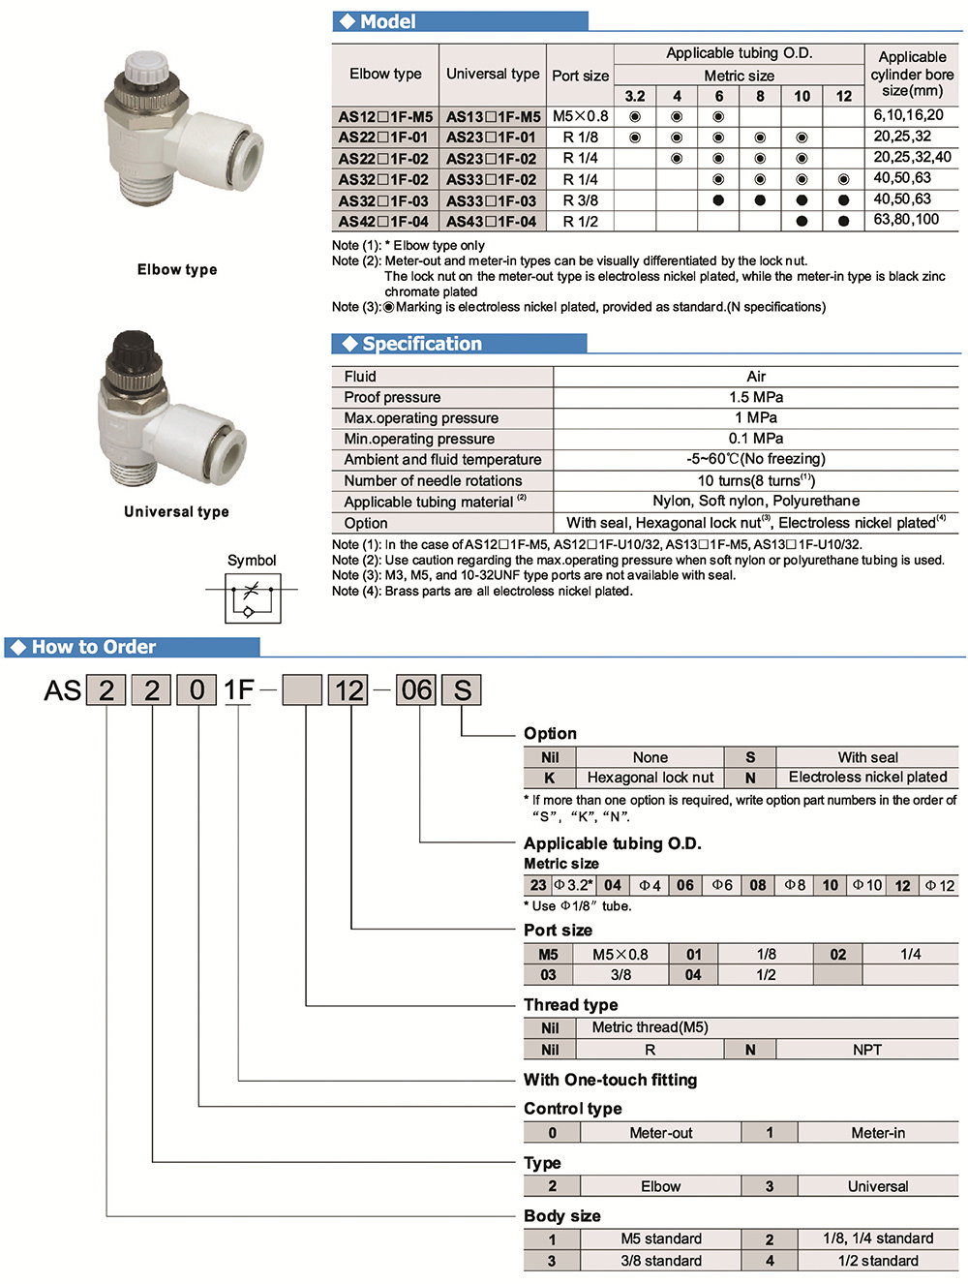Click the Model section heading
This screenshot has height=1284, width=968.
click(x=387, y=21)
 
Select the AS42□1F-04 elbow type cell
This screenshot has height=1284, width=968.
click(x=384, y=221)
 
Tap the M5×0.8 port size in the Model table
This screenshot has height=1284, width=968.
click(x=580, y=116)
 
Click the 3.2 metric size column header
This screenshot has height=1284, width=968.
click(x=635, y=96)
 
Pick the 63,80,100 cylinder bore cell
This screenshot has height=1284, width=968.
click(x=907, y=219)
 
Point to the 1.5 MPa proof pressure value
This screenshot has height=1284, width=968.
click(x=756, y=397)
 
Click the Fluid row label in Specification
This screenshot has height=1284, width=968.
click(x=360, y=377)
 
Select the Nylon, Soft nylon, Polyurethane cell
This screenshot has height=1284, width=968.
click(x=756, y=501)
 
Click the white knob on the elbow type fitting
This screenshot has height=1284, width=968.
click(x=145, y=68)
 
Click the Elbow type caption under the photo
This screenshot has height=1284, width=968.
click(x=177, y=269)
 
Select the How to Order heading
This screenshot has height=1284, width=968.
click(x=94, y=647)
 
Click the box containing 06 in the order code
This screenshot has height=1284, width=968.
click(x=417, y=690)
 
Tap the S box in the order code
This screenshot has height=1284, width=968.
click(x=462, y=690)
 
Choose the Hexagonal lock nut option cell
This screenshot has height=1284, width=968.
click(x=650, y=777)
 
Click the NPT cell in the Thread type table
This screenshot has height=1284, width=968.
click(x=866, y=1050)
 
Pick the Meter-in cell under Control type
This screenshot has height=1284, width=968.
click(x=877, y=1132)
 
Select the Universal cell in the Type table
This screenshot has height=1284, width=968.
click(x=877, y=1186)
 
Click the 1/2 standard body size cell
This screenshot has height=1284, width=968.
click(x=877, y=1261)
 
